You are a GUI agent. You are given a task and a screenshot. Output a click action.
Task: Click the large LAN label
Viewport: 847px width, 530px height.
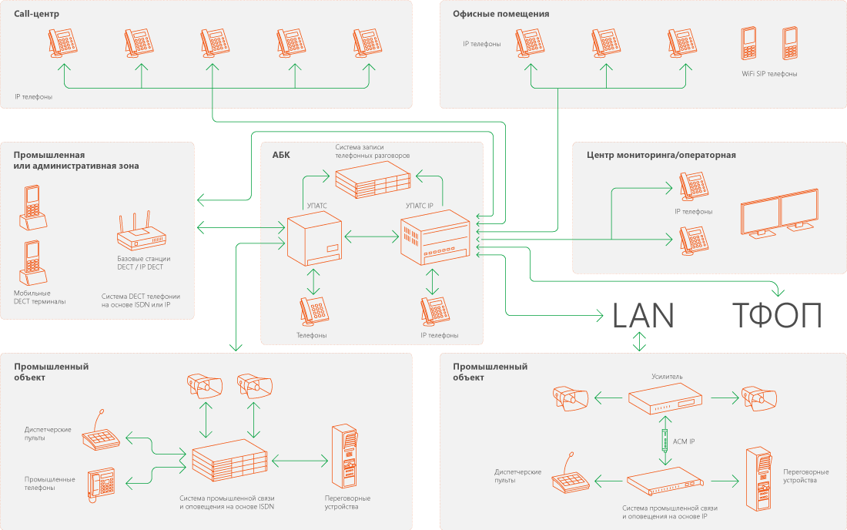pyautogui.click(x=643, y=315)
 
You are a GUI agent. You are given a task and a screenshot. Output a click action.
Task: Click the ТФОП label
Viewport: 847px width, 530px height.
pyautogui.click(x=776, y=315)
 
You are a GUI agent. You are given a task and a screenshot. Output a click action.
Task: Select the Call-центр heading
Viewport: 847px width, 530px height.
pyautogui.click(x=36, y=14)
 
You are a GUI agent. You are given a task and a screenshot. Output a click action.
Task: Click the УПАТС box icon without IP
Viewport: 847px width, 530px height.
pyautogui.click(x=313, y=240)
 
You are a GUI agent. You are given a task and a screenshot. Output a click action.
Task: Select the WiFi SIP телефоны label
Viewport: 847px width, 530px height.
pyautogui.click(x=769, y=74)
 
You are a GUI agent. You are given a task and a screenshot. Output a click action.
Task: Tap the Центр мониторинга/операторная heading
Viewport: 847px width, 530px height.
pyautogui.click(x=661, y=155)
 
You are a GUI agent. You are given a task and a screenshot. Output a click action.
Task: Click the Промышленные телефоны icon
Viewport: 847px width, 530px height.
pyautogui.click(x=100, y=483)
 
